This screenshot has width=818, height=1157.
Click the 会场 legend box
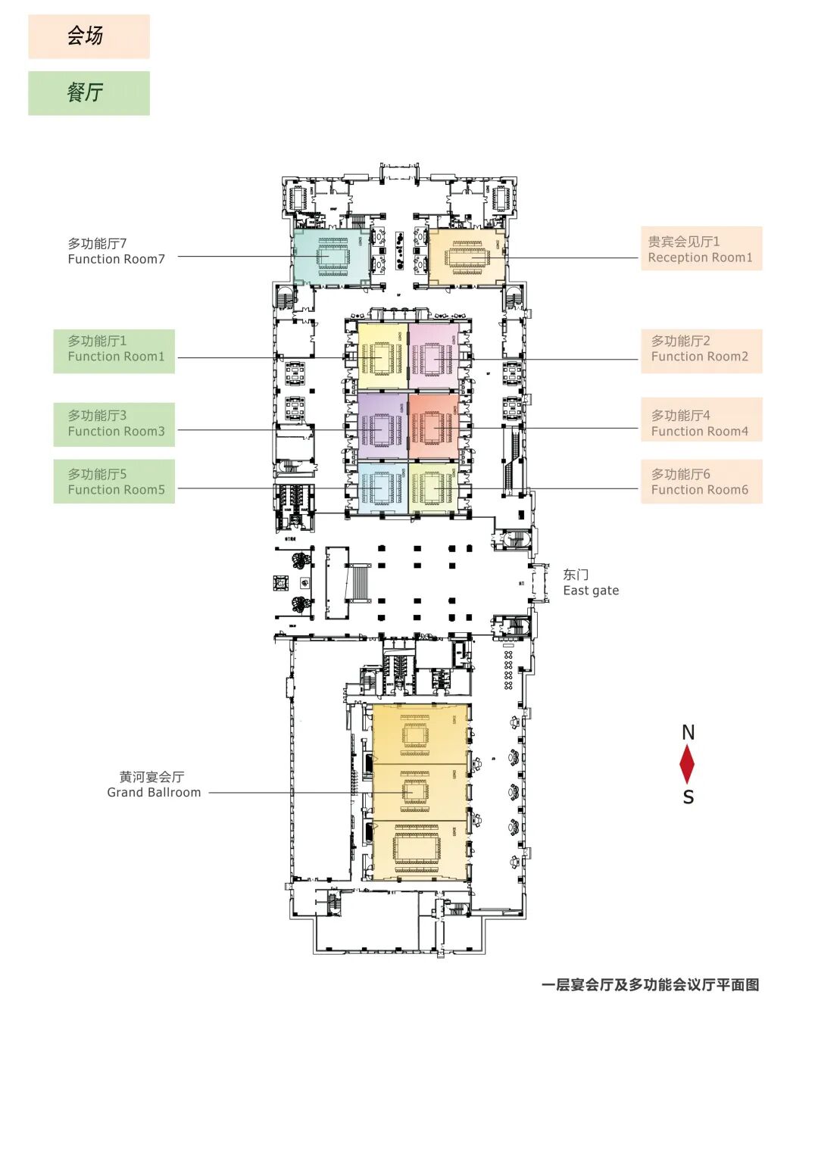pos(89,36)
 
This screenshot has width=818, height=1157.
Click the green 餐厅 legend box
pos(89,93)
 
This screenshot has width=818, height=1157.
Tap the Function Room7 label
pos(116,251)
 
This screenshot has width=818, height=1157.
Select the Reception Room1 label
pos(701,249)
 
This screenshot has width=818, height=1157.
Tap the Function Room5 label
pos(114,482)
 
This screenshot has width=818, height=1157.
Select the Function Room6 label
pos(701,482)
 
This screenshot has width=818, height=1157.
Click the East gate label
pos(590,583)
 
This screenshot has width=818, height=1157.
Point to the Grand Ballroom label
pos(154,784)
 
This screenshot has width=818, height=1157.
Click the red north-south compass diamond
pos(687,764)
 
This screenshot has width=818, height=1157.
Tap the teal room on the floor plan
pos(331,257)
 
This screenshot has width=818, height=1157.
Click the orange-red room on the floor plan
pos(434,426)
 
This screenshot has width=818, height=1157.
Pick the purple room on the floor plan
pos(382,426)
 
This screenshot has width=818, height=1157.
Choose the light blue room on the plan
pos(382,488)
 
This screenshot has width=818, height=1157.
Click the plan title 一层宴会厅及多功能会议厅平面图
pos(650,985)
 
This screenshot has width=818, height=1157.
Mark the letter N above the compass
pos(688,732)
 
